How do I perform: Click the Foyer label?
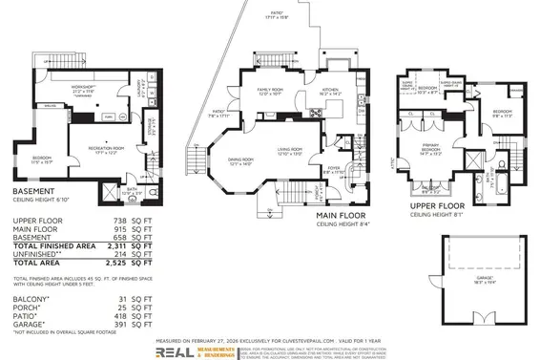(x=334, y=168)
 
